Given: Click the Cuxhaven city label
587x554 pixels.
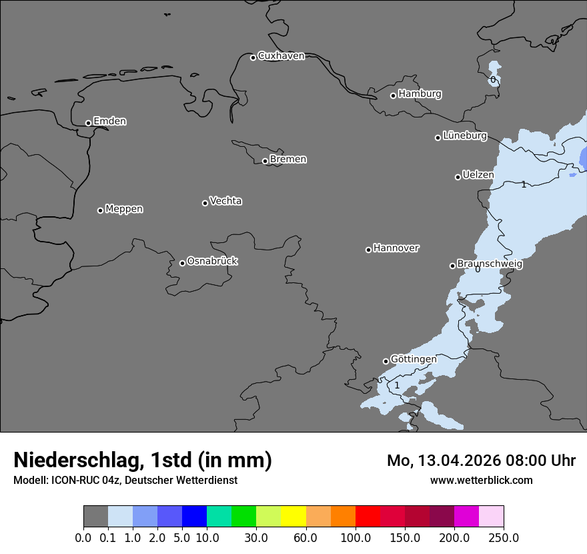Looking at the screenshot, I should pyautogui.click(x=281, y=56).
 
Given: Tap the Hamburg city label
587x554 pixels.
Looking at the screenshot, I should pyautogui.click(x=420, y=94).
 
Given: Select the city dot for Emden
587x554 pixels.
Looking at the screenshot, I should pyautogui.click(x=88, y=123).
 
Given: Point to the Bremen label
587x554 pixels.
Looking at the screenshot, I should pyautogui.click(x=288, y=160).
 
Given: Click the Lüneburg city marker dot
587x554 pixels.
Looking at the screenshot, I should pyautogui.click(x=438, y=137).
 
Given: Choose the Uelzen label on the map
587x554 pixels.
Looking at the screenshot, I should pyautogui.click(x=478, y=175).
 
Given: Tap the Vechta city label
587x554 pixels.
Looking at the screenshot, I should pyautogui.click(x=225, y=201).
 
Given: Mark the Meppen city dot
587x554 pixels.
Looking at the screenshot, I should pyautogui.click(x=100, y=210).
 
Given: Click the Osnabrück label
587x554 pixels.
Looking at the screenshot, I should pyautogui.click(x=212, y=261).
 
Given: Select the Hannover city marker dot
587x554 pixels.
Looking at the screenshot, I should pyautogui.click(x=368, y=250).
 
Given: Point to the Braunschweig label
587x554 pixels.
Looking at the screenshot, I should pyautogui.click(x=490, y=264).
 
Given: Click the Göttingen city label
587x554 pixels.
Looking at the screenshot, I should pyautogui.click(x=414, y=359).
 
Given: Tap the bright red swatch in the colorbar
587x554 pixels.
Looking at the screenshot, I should pyautogui.click(x=368, y=517).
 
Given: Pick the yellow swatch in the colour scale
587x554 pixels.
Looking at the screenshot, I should pyautogui.click(x=293, y=517).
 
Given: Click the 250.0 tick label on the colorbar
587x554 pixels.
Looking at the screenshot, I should pyautogui.click(x=504, y=537).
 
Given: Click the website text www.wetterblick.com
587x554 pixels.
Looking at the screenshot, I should pyautogui.click(x=481, y=481).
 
